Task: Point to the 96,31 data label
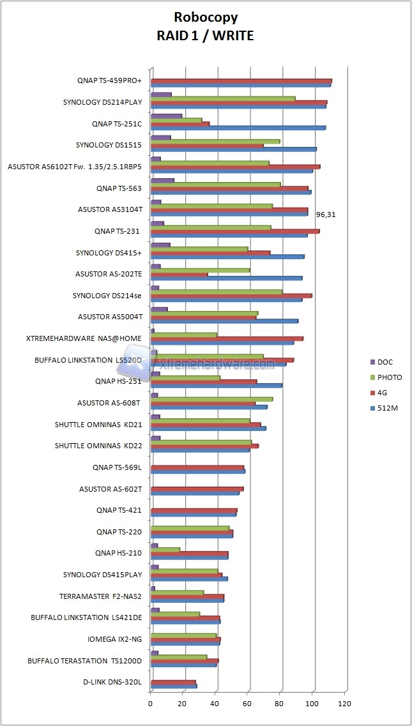(x=325, y=215)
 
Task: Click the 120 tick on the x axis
(x=345, y=704)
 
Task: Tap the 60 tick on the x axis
(x=248, y=704)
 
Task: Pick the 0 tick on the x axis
(x=151, y=704)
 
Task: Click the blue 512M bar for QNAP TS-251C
(x=238, y=128)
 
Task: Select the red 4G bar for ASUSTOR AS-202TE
(x=179, y=275)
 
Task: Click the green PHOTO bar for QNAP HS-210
(x=165, y=549)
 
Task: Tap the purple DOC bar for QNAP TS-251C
(x=166, y=116)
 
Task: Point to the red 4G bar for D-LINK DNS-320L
(x=173, y=682)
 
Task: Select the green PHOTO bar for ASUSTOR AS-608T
(x=211, y=399)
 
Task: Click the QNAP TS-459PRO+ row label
(x=109, y=81)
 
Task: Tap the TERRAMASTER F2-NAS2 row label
(x=100, y=596)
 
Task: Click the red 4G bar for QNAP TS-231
(x=235, y=231)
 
